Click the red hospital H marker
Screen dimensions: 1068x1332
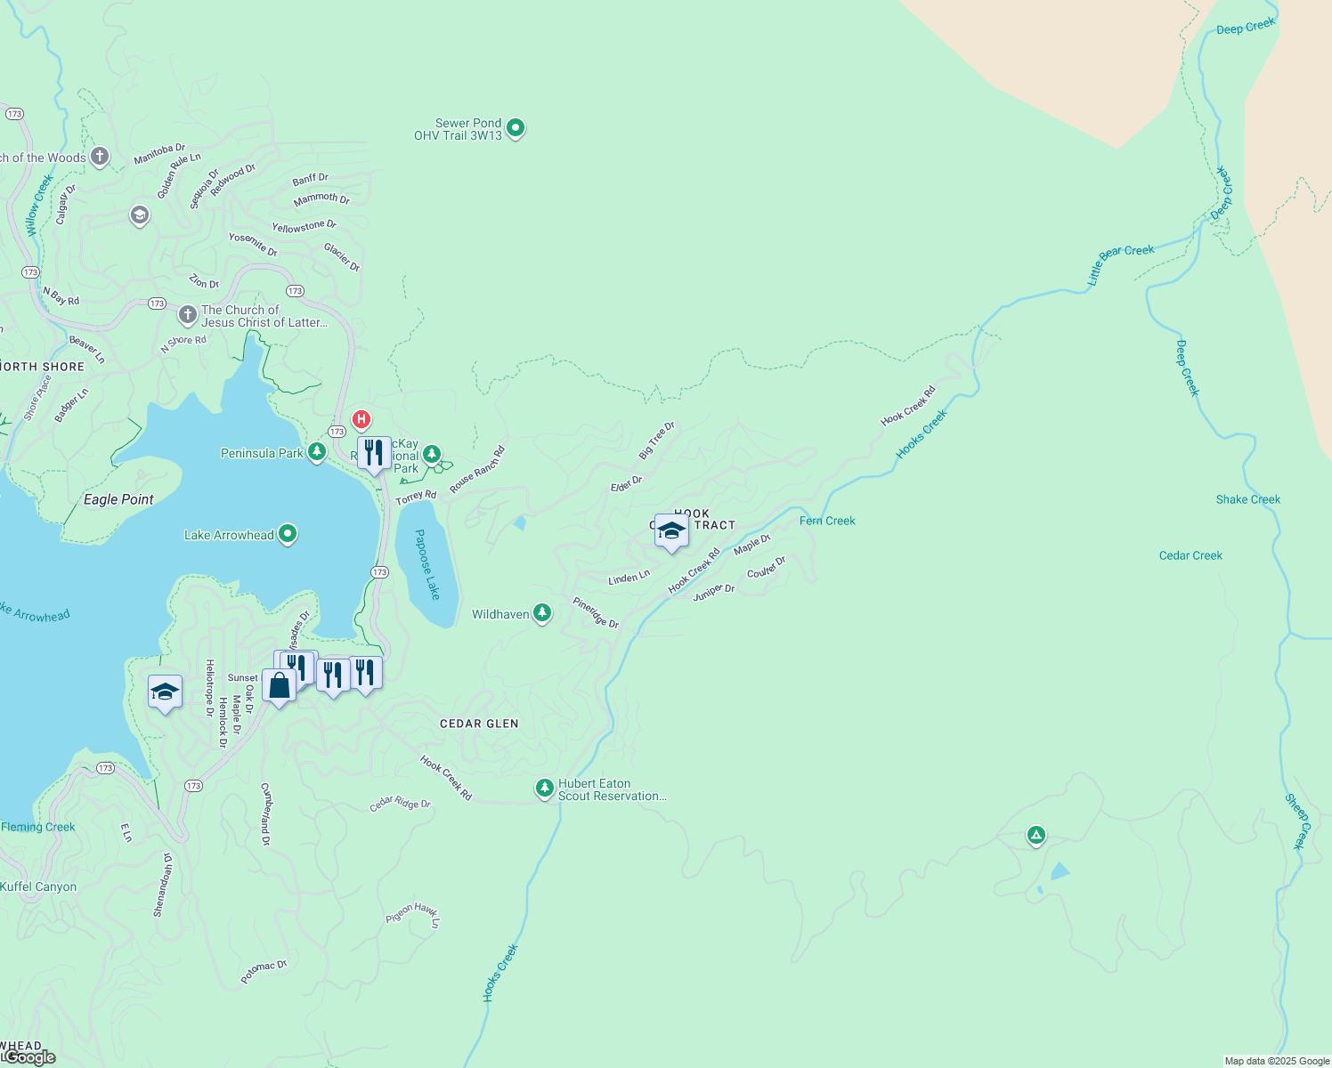click(x=361, y=419)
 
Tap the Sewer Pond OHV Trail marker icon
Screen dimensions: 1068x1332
click(x=516, y=129)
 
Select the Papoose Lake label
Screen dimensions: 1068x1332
click(x=427, y=564)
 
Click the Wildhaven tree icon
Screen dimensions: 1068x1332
click(x=542, y=613)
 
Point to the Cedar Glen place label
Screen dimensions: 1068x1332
click(x=479, y=724)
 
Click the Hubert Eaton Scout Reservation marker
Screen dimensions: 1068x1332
click(x=545, y=789)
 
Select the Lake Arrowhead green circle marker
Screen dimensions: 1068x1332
click(x=288, y=534)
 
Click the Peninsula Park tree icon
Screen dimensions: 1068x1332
click(x=317, y=452)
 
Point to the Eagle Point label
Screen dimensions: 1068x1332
click(x=118, y=499)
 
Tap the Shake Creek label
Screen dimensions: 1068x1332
click(x=1247, y=499)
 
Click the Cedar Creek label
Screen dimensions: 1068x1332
click(x=1190, y=555)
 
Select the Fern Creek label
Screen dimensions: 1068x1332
click(x=827, y=521)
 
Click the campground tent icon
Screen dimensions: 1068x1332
click(x=1036, y=835)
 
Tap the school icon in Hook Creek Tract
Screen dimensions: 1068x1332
click(x=671, y=531)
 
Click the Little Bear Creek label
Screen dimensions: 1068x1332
click(x=1119, y=263)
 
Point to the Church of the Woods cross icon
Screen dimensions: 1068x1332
click(x=100, y=158)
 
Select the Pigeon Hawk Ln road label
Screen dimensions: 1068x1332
click(x=413, y=914)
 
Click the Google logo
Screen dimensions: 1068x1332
click(x=29, y=1057)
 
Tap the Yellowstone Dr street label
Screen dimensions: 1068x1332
click(x=304, y=227)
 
